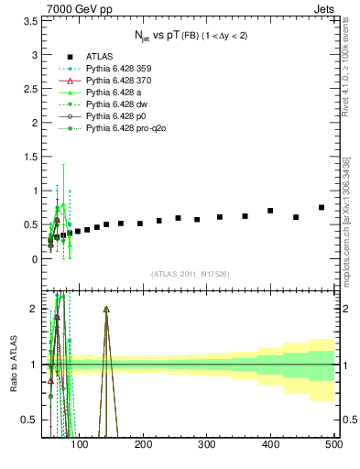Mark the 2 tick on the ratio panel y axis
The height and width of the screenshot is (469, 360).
37,308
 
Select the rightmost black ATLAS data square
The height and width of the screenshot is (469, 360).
322,208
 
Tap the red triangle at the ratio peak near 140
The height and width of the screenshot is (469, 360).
106,310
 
